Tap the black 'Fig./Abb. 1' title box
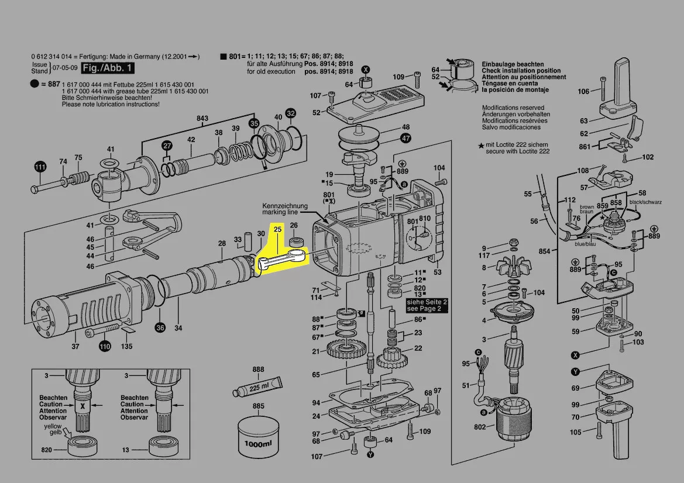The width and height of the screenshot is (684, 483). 108,68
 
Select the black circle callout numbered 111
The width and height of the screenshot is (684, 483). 39,167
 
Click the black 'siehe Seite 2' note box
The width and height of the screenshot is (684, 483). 427,305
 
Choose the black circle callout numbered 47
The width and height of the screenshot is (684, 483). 405,139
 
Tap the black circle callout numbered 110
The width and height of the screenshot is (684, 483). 104,346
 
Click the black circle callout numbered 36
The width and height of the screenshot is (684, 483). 160,327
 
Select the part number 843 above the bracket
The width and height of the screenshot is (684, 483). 202,119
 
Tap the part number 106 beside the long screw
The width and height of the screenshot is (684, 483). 583,91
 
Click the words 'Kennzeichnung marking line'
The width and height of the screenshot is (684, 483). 284,209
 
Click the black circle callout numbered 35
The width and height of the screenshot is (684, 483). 254,123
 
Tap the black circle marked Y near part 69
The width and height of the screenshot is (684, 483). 576,372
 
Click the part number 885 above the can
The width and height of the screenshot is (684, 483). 258,405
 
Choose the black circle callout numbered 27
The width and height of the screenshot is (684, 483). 167,146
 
